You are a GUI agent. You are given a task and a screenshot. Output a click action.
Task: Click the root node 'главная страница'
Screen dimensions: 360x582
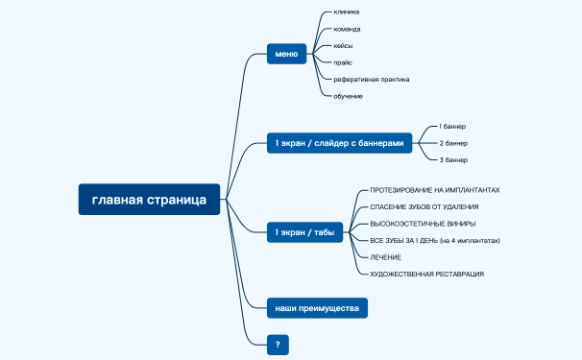pos(149,200)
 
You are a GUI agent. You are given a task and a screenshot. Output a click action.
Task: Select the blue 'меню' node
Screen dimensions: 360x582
pos(286,55)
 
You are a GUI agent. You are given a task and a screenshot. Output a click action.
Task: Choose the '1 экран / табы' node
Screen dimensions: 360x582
pos(304,232)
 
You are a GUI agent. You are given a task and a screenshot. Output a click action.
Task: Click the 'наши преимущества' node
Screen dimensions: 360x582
pos(317,308)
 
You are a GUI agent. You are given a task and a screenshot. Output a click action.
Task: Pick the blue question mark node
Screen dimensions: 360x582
pos(278,344)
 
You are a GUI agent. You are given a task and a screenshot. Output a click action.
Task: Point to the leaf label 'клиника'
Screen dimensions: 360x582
pos(347,12)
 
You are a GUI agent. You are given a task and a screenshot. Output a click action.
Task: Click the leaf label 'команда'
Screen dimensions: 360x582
pos(348,29)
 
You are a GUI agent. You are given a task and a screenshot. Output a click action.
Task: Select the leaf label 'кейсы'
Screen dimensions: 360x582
pos(344,46)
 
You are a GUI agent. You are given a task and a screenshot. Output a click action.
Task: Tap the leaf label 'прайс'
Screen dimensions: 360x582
pos(343,62)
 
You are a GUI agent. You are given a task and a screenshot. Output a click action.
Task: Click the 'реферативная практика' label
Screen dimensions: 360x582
pos(372,79)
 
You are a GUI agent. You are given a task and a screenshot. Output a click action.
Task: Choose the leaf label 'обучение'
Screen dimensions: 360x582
pos(349,96)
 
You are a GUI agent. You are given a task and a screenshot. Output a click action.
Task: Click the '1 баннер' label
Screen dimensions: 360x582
pos(452,126)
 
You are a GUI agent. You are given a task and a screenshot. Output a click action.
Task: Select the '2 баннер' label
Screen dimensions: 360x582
pos(453,143)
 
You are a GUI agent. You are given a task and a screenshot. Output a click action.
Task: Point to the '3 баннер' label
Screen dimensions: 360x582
pos(453,159)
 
